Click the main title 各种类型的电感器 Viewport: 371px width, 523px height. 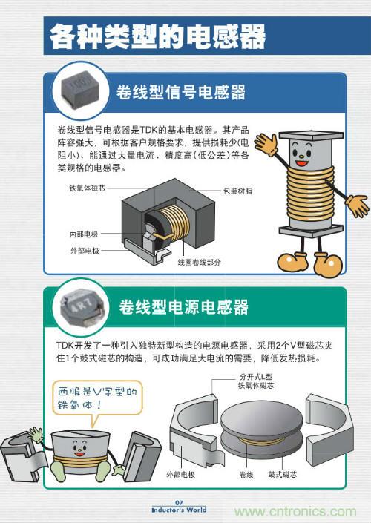pos(157,36)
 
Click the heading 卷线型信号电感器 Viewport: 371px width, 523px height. pos(181,93)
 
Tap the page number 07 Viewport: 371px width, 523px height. pos(179,503)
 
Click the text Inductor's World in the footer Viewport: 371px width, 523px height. pos(179,510)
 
